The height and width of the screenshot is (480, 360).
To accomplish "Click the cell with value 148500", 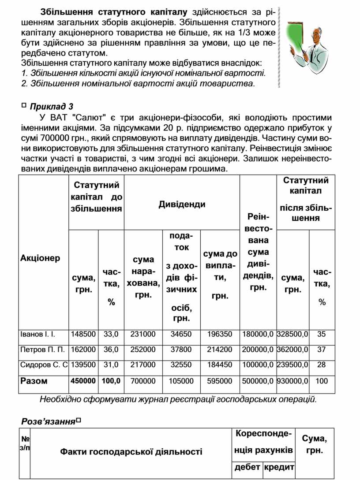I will pyautogui.click(x=83, y=335).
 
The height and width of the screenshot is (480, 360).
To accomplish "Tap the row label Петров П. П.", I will pyautogui.click(x=43, y=350).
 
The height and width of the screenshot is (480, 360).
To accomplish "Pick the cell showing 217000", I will pyautogui.click(x=143, y=365).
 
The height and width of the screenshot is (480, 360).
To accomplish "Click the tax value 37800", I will pyautogui.click(x=181, y=350).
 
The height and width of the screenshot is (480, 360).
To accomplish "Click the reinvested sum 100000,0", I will pyautogui.click(x=258, y=365).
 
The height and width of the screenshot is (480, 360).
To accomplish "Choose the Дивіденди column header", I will pyautogui.click(x=182, y=204).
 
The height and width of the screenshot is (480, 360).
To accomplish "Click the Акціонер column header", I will pyautogui.click(x=40, y=258).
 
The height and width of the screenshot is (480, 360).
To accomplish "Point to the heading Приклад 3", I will pyautogui.click(x=51, y=106).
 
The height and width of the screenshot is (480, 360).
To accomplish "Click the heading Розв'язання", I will pyautogui.click(x=48, y=421).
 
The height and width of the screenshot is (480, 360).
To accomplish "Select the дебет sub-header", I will pyautogui.click(x=247, y=467).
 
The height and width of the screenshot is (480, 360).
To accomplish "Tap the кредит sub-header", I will pyautogui.click(x=279, y=467).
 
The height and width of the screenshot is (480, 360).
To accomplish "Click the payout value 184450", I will pyautogui.click(x=220, y=365).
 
